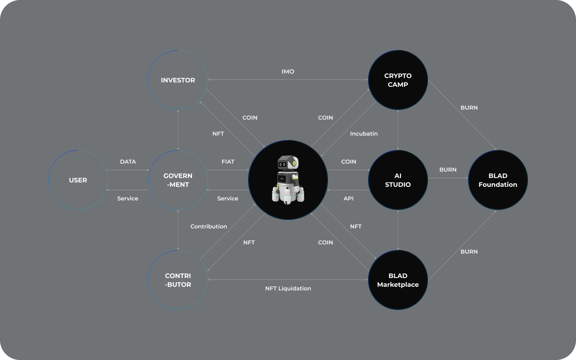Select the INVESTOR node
[x=178, y=80]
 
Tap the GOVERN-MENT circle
[x=178, y=180]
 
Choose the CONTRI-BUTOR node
[x=178, y=280]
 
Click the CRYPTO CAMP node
[x=398, y=80]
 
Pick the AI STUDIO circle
[x=398, y=180]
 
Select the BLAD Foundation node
[x=498, y=180]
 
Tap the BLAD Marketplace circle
[x=398, y=280]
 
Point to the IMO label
[x=288, y=72]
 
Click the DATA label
[x=128, y=162]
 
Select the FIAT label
[x=228, y=162]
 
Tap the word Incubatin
[x=364, y=134]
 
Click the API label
[x=348, y=198]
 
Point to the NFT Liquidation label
[x=288, y=288]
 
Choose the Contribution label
[x=208, y=226]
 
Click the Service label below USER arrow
[x=128, y=198]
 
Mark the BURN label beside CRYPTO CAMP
[x=469, y=108]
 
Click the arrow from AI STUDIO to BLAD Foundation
[x=448, y=178]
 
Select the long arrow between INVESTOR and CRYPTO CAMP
[x=288, y=80]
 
